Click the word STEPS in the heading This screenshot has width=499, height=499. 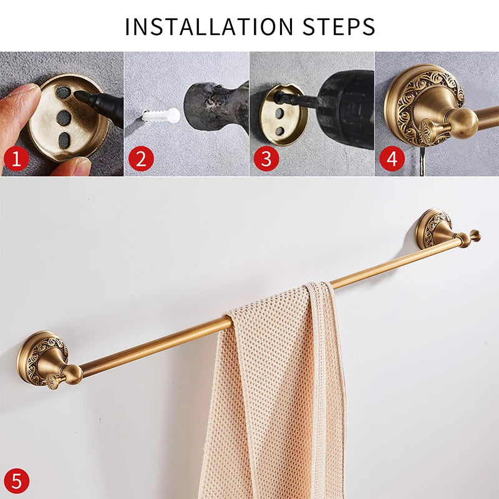click(339, 27)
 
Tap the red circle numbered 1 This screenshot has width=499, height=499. click(16, 158)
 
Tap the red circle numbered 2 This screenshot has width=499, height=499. click(141, 158)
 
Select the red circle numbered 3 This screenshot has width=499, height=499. click(266, 158)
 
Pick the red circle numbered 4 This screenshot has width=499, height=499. click(392, 158)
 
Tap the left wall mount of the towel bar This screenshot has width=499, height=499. click(44, 358)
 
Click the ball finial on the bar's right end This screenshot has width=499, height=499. click(474, 235)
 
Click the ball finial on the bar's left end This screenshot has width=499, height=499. click(71, 374)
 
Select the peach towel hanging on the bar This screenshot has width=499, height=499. click(274, 399)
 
